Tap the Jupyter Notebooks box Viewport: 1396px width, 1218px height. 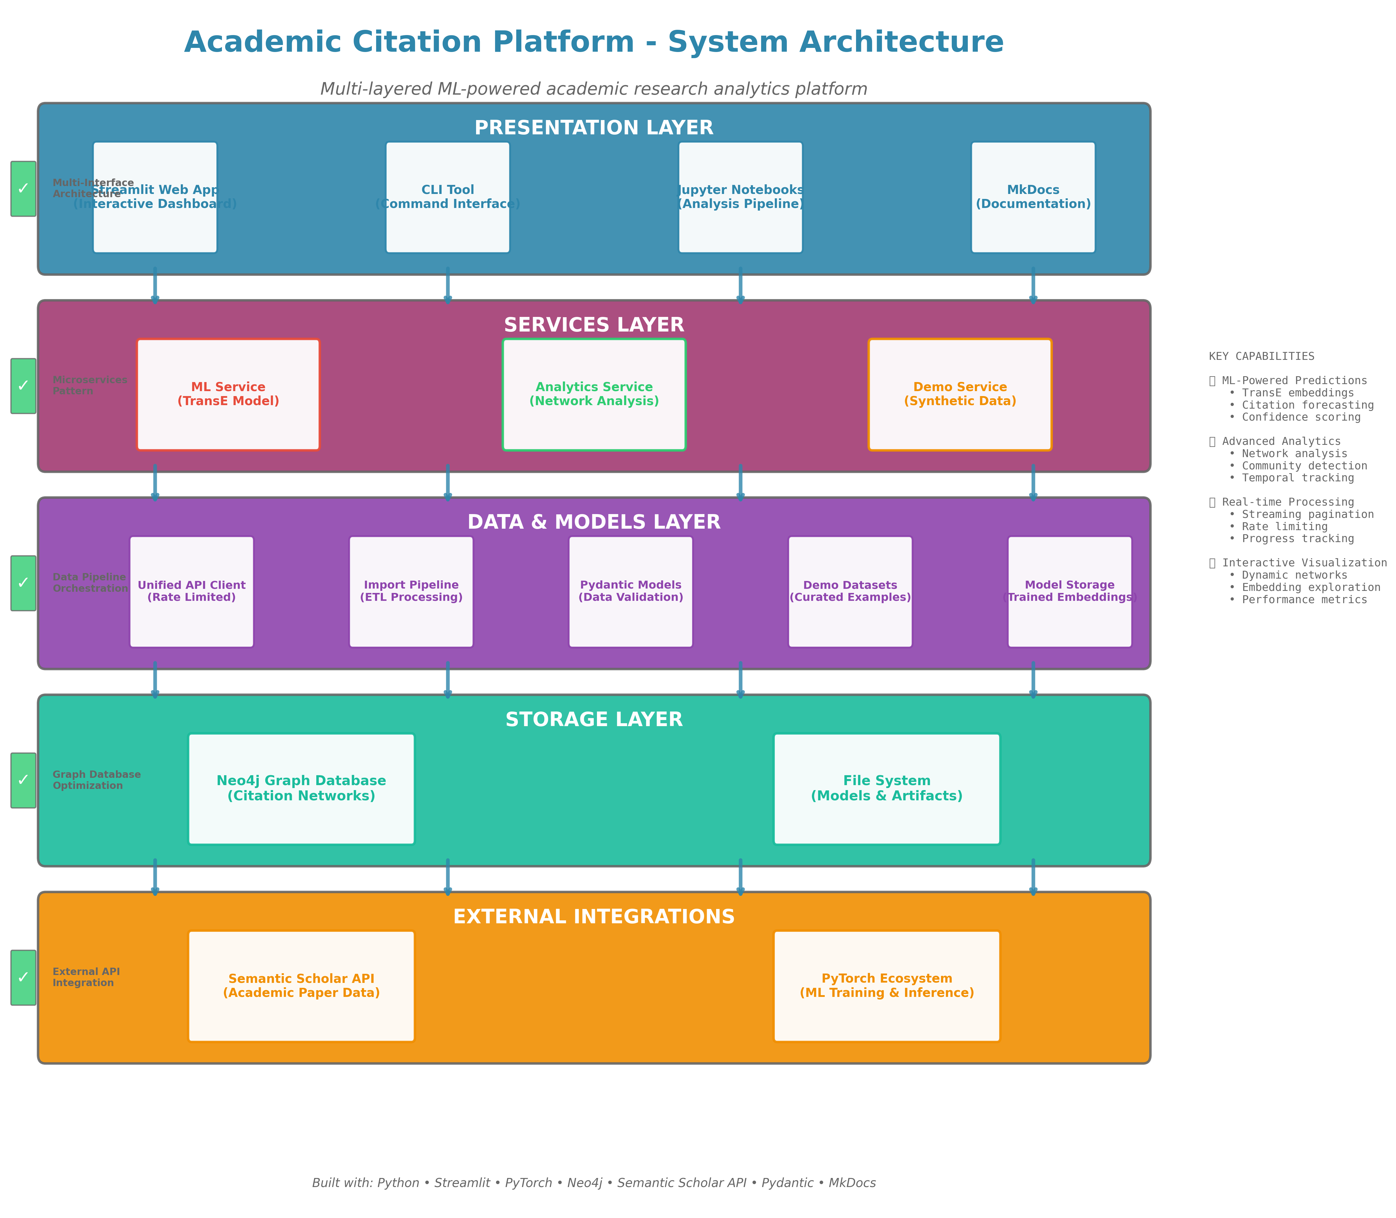(x=740, y=197)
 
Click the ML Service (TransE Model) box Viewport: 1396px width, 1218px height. (x=228, y=394)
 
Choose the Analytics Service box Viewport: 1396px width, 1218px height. (x=594, y=394)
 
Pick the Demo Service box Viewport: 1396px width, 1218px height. (x=960, y=394)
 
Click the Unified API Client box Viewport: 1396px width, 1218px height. (x=192, y=591)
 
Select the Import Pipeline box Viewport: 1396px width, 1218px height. (x=411, y=591)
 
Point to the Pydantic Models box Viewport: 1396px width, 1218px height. (x=631, y=591)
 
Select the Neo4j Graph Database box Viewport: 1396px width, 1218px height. (x=301, y=788)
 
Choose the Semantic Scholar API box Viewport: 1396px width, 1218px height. (x=301, y=985)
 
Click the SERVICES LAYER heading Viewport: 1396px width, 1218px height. (x=594, y=325)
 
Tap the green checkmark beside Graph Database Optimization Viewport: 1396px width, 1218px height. (x=23, y=780)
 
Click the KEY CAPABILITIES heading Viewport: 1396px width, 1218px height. (x=1261, y=356)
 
